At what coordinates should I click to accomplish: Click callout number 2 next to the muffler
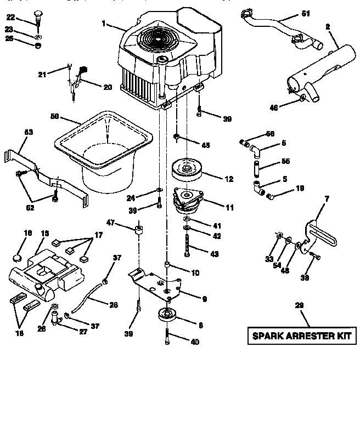(328, 27)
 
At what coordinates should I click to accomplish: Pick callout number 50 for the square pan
(54, 117)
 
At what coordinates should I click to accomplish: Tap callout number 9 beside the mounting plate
(204, 299)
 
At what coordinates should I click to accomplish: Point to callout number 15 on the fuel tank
(45, 234)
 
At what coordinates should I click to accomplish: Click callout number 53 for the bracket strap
(29, 132)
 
